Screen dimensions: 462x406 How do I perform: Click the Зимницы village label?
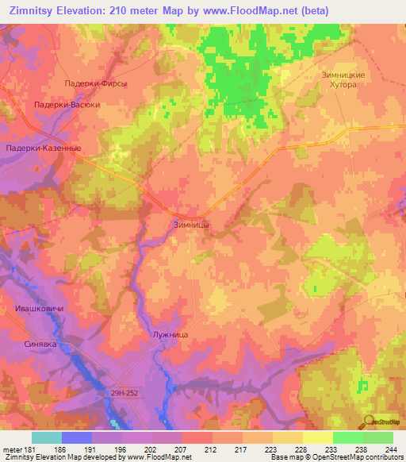[191, 225]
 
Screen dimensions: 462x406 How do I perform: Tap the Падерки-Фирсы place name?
[95, 83]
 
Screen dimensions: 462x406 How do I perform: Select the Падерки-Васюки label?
[67, 104]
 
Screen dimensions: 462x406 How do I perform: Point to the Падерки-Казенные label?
[44, 148]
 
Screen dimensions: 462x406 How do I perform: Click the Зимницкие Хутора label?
[343, 80]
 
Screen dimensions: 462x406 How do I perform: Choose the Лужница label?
[169, 336]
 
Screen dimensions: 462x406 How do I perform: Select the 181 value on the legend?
[29, 449]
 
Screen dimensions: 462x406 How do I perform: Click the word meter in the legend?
[11, 449]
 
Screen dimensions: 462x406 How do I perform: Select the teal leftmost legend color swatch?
[47, 437]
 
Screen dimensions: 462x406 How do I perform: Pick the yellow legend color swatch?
[318, 437]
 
